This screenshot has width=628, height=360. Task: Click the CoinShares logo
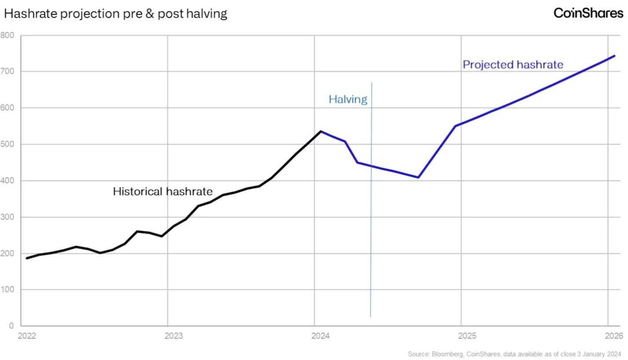coord(588,13)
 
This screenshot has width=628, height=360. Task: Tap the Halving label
coord(348,99)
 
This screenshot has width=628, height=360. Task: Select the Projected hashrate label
coord(513,65)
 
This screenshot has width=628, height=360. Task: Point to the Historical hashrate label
coord(162,191)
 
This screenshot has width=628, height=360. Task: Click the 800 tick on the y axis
coord(7,35)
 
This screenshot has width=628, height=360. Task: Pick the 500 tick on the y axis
coord(7,144)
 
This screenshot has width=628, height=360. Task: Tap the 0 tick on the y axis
coord(11,326)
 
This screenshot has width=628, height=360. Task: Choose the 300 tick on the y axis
coord(7,217)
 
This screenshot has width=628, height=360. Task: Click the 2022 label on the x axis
coord(27,336)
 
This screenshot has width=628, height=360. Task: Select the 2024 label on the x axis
coord(320,336)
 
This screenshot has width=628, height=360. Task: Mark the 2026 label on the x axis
coord(614,336)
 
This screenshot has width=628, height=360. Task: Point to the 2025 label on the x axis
coord(467,336)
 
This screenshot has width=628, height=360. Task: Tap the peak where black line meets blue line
coord(321,131)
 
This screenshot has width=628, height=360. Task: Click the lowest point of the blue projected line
coord(418,177)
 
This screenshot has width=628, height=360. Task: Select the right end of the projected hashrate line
coord(614,56)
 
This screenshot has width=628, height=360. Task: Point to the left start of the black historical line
coord(27,258)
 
